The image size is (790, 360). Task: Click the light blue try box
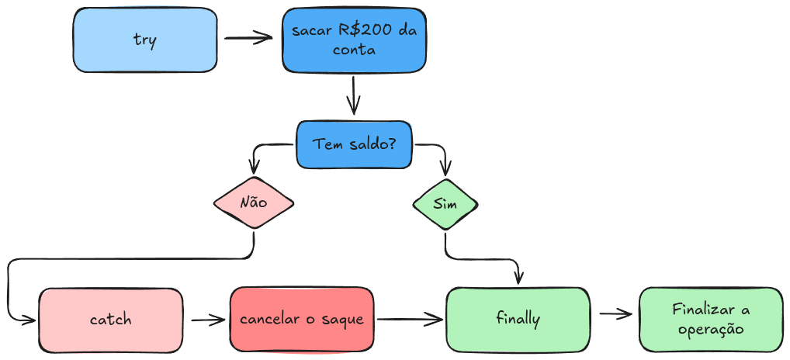click(144, 40)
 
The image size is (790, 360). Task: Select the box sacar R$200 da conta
click(354, 40)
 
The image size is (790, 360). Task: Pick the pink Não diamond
click(254, 203)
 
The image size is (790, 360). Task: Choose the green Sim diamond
click(445, 204)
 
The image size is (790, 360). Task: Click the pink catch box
click(111, 319)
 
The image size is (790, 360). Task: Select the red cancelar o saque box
click(301, 319)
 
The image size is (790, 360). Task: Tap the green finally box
click(518, 318)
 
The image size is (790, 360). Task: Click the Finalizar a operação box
click(711, 319)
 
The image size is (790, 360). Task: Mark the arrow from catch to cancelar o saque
click(206, 319)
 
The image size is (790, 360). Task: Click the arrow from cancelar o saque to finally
click(409, 318)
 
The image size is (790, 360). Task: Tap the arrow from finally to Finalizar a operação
click(613, 314)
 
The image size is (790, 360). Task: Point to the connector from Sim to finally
click(481, 258)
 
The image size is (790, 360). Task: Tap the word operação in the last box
click(711, 329)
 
